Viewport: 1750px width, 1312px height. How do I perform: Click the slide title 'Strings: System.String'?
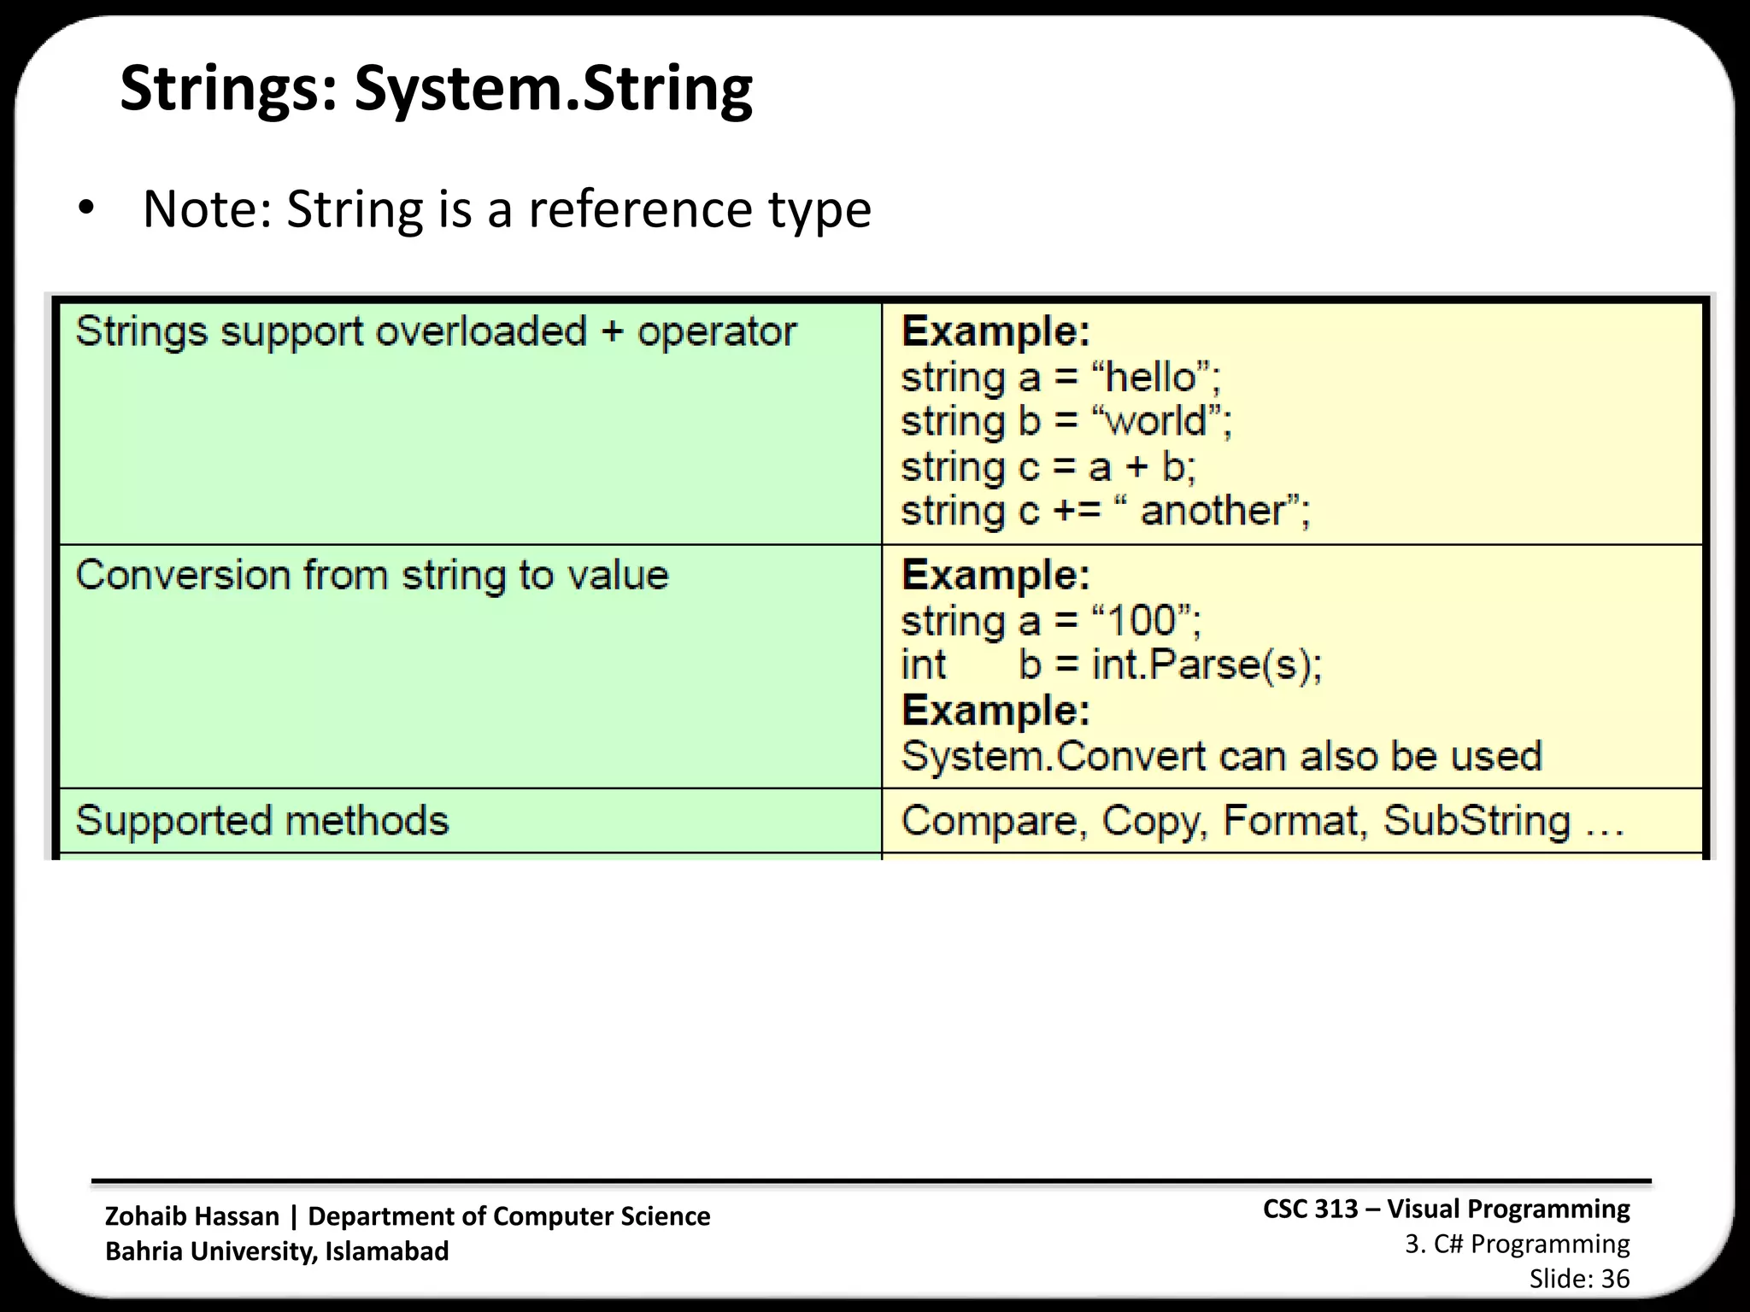tap(436, 89)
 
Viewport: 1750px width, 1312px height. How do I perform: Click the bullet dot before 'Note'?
tap(85, 209)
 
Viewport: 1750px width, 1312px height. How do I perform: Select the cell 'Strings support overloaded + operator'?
tap(436, 332)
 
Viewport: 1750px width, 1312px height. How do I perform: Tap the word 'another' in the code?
tap(1213, 512)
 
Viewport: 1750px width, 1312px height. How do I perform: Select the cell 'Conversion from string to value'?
tap(372, 575)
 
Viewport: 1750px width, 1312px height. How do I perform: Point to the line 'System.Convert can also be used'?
tap(1222, 757)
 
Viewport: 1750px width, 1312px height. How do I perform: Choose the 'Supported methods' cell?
tap(262, 821)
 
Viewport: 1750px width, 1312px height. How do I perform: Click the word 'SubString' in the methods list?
tap(1477, 821)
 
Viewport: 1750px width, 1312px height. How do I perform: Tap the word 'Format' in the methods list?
tap(1290, 821)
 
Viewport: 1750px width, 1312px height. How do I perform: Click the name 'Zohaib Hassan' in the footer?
tap(191, 1216)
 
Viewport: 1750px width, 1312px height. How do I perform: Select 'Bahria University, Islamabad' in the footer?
tap(277, 1251)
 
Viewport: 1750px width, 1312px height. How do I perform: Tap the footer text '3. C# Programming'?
tap(1518, 1245)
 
